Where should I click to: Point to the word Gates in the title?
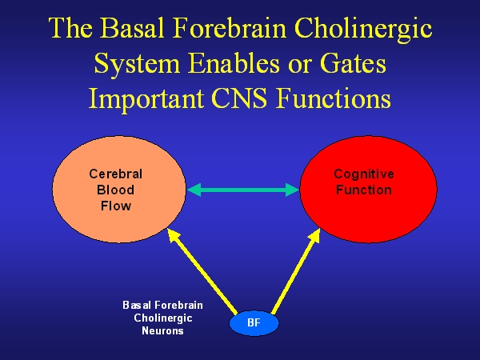348,63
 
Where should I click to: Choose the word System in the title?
133,63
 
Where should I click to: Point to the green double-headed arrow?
242,190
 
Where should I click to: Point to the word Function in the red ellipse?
364,190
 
